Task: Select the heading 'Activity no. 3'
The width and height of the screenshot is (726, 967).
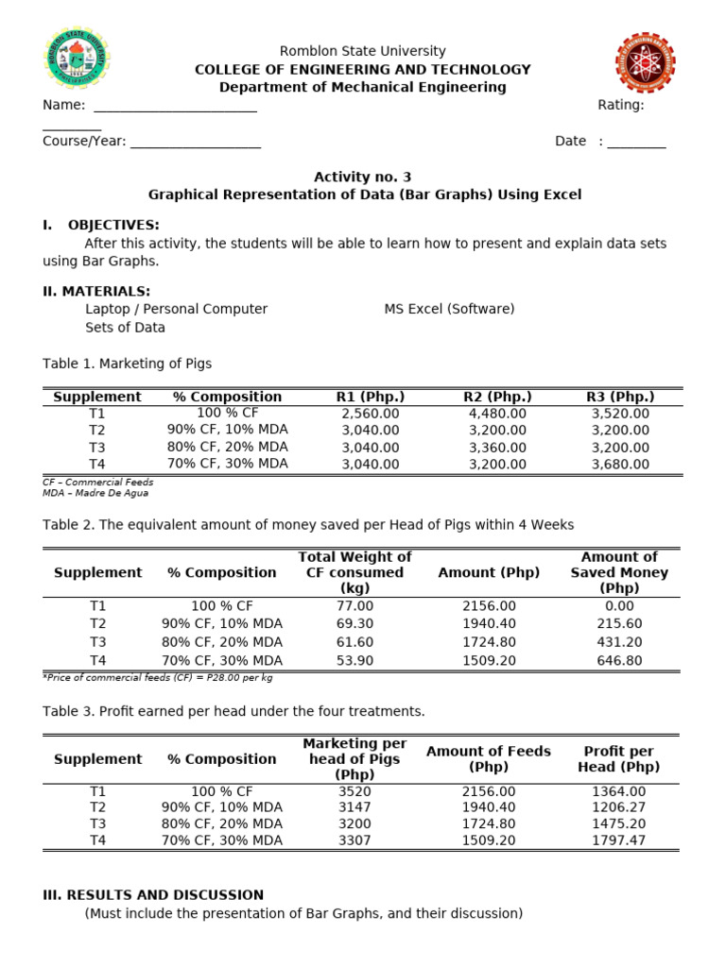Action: [x=363, y=177]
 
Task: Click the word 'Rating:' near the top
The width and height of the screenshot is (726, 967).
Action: [x=620, y=105]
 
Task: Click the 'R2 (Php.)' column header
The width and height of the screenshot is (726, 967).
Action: [x=497, y=397]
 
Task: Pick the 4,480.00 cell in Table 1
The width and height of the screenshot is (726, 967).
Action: [x=497, y=414]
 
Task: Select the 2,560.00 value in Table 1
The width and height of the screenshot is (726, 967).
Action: [x=371, y=414]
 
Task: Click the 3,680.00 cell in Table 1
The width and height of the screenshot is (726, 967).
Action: [x=620, y=465]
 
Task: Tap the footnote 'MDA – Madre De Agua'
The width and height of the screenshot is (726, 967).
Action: [x=95, y=493]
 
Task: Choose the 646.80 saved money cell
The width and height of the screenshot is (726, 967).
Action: [x=619, y=660]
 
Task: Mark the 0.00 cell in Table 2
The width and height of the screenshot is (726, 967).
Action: [x=619, y=606]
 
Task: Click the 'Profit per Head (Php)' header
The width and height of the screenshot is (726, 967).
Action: [x=619, y=759]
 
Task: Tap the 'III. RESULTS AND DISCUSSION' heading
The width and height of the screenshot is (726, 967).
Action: [x=153, y=895]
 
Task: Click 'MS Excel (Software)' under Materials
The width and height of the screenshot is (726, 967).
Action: [x=449, y=309]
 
